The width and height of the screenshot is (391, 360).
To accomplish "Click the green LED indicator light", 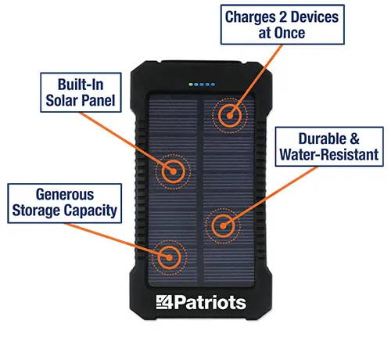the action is (x=191, y=85).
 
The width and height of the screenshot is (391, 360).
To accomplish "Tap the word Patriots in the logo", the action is (x=210, y=303).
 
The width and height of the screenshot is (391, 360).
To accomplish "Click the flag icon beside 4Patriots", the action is (x=161, y=302).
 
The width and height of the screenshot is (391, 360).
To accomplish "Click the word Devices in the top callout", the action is (x=314, y=17).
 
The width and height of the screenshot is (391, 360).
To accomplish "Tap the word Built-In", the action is (x=81, y=85).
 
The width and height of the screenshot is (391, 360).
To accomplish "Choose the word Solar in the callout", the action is (x=62, y=100).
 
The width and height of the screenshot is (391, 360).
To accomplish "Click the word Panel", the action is (x=98, y=100).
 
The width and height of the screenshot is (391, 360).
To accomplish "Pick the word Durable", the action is (x=322, y=139).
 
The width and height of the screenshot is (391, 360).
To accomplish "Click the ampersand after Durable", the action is (x=354, y=139).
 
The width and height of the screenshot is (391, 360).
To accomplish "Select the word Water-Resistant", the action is (x=329, y=154).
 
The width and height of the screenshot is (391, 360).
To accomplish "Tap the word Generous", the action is (x=65, y=195).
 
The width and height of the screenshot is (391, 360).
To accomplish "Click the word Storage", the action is (x=36, y=211).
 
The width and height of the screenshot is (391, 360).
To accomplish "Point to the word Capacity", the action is (x=90, y=211).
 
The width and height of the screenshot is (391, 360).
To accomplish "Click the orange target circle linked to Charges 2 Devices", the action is (x=230, y=116).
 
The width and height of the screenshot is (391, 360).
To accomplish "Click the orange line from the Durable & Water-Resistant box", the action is (x=270, y=196).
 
